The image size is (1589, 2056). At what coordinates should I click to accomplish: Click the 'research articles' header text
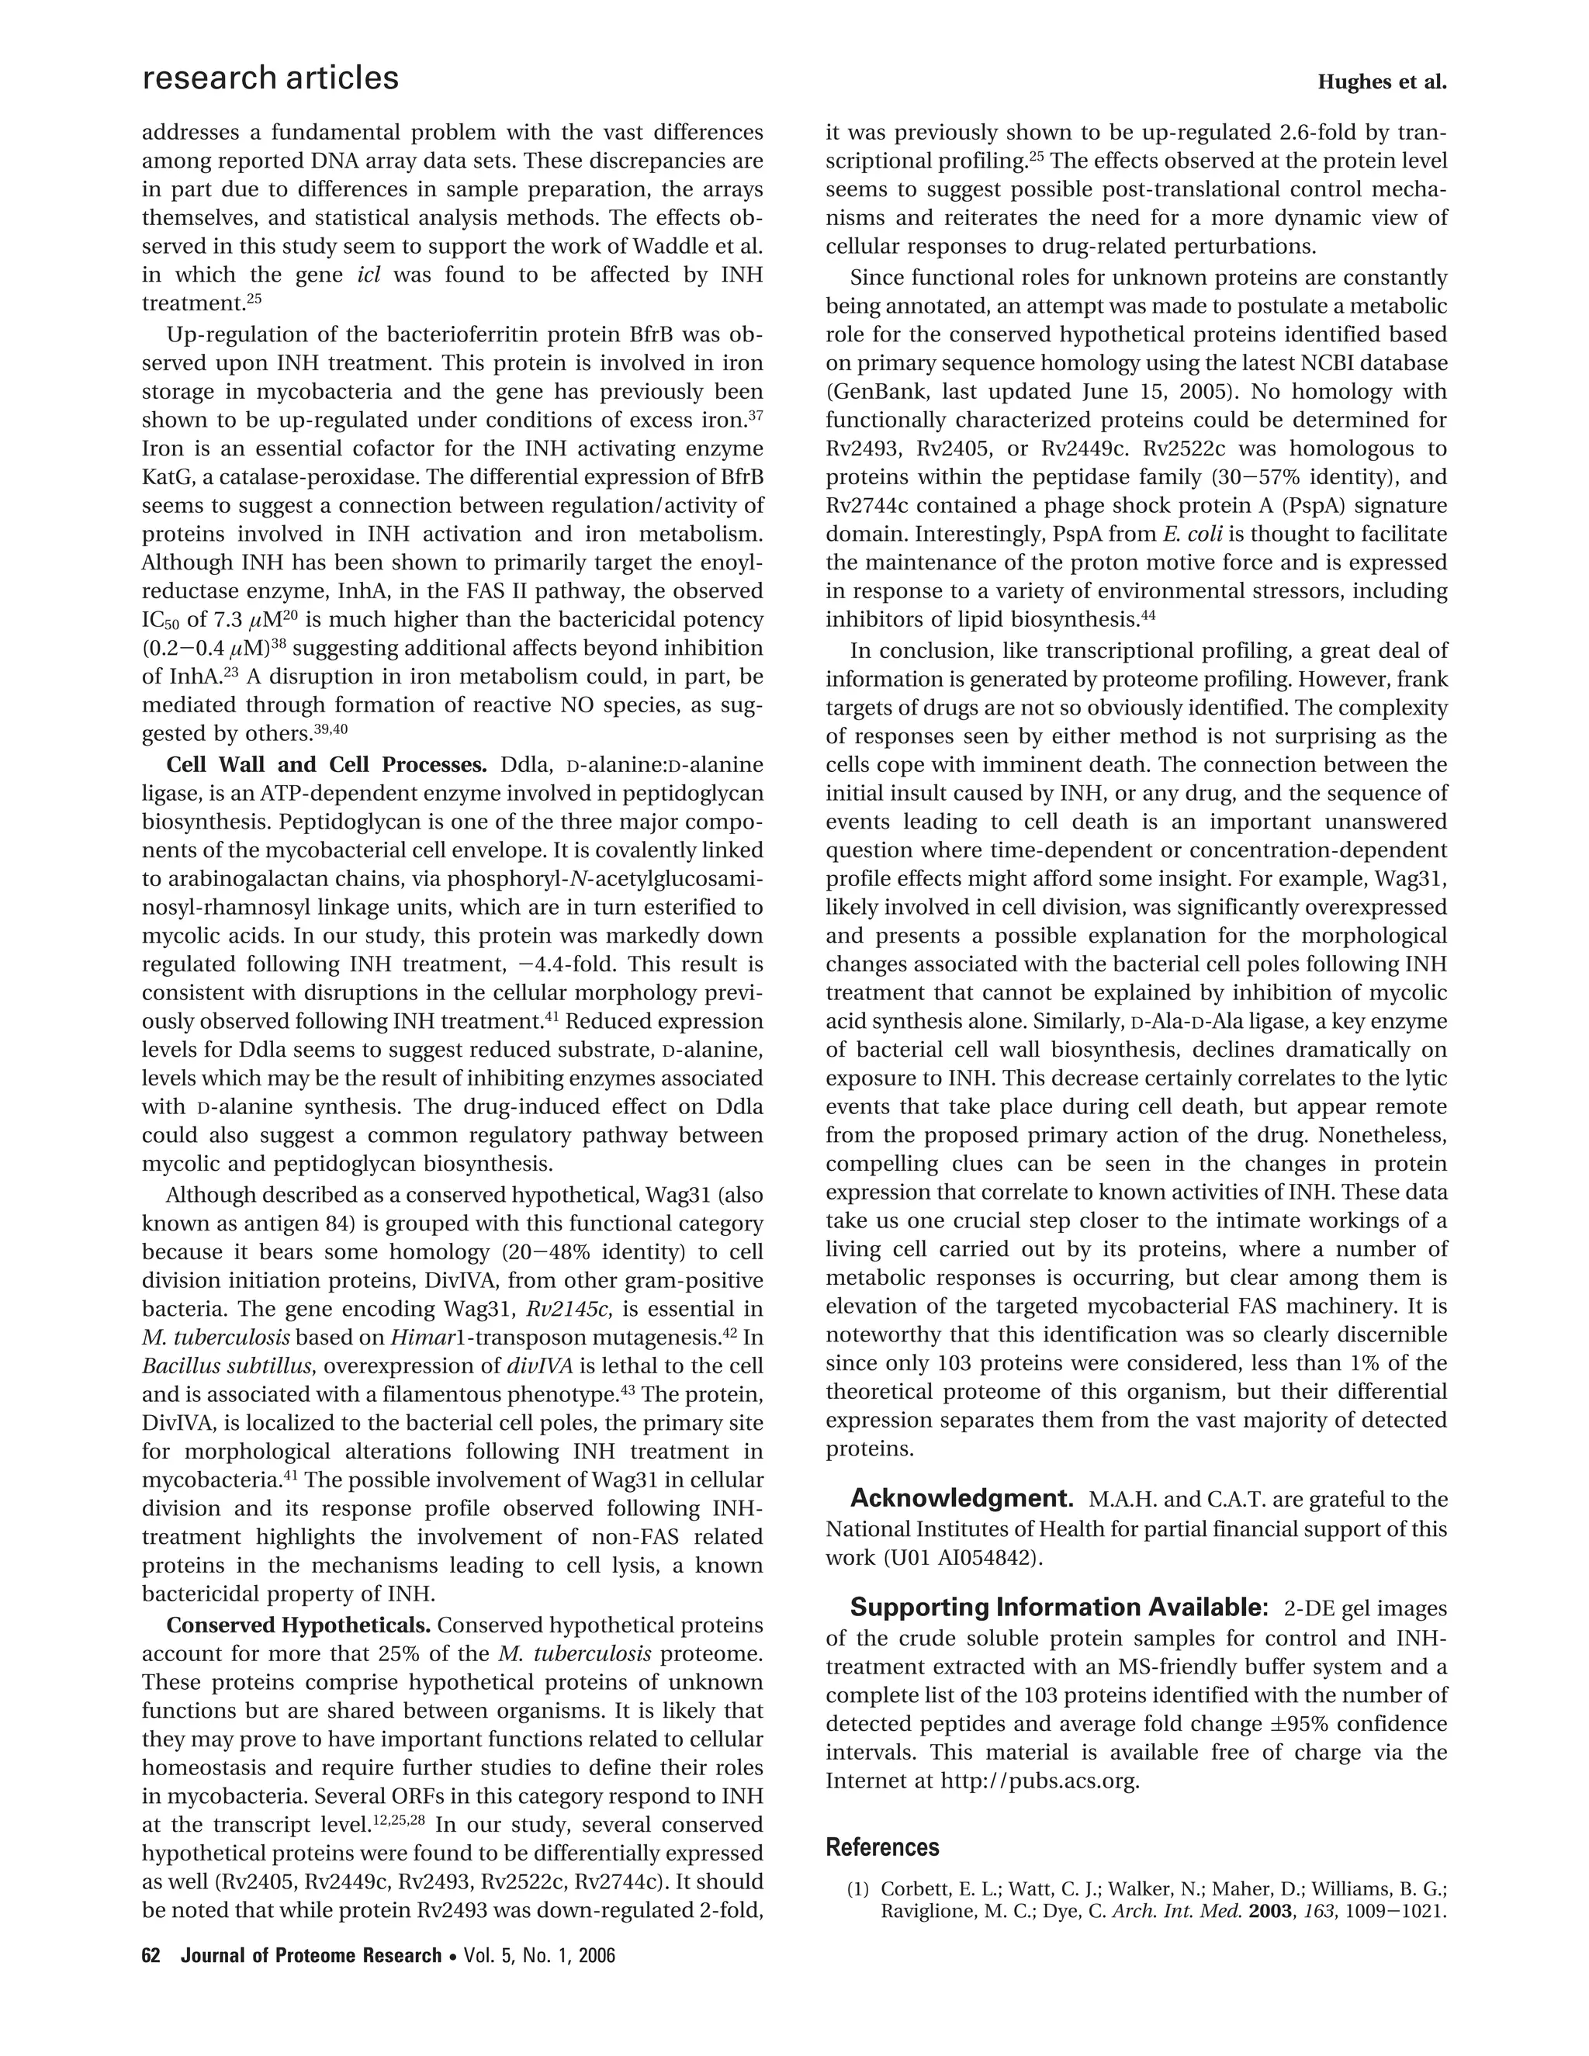point(270,78)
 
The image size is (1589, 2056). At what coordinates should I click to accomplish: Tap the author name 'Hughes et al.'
point(1381,83)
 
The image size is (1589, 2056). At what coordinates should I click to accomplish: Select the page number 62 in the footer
point(151,1955)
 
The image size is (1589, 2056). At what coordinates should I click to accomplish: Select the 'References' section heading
point(882,1847)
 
